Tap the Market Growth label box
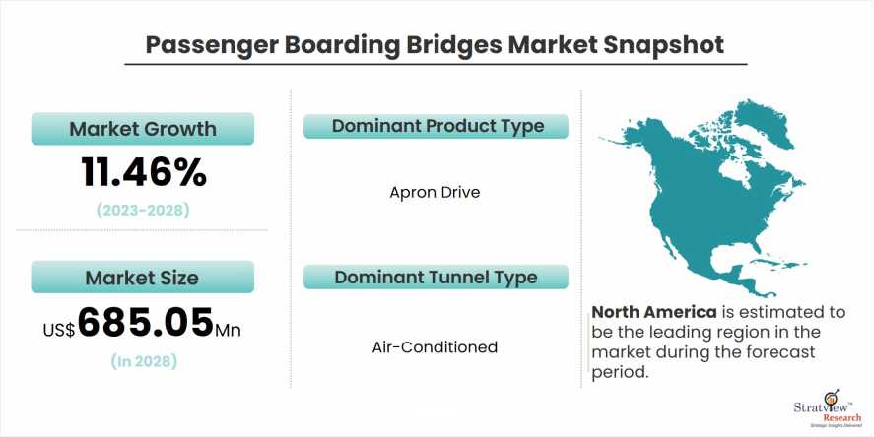(143, 129)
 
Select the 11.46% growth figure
(143, 173)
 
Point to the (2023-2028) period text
(143, 210)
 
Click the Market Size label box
(143, 277)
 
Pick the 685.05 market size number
(146, 322)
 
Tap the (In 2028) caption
(143, 361)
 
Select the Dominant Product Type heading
(437, 127)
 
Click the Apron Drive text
(435, 192)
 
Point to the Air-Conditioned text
(435, 346)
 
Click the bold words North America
(652, 312)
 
